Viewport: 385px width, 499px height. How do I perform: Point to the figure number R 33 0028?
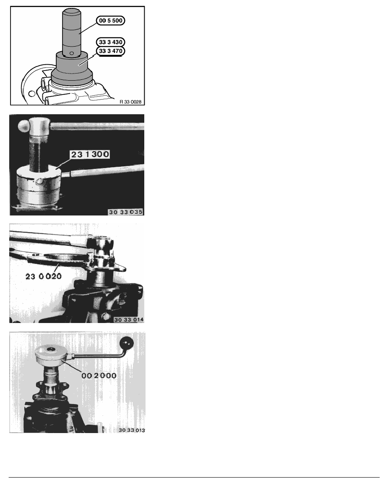(131, 101)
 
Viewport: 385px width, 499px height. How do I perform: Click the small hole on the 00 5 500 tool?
(72, 54)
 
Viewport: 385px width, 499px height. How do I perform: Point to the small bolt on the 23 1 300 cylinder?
(39, 181)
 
